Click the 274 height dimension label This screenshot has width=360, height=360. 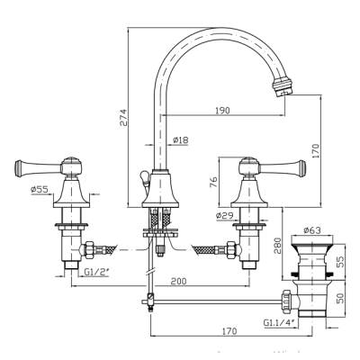point(124,117)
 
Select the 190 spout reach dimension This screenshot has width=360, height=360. point(222,111)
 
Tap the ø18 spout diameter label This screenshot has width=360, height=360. point(181,139)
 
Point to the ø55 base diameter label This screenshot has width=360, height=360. point(40,190)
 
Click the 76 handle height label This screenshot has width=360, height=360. point(212,182)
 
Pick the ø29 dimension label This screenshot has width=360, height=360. point(223,215)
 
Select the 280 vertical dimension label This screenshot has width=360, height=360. point(277,246)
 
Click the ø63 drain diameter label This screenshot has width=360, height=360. point(312,230)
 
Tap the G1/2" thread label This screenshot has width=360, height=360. point(96,272)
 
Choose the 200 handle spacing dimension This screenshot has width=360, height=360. point(178,281)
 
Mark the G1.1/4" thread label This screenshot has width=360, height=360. point(279,323)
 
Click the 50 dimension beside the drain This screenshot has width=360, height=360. point(340,298)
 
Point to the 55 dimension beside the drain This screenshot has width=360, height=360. point(340,262)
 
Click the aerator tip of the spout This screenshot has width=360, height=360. point(283,86)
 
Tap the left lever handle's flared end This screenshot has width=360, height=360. point(18,167)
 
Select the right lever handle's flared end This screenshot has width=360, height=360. point(301,167)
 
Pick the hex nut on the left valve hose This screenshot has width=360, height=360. point(90,250)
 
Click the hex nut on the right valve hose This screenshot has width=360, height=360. point(230,250)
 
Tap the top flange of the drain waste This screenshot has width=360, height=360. point(312,240)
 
